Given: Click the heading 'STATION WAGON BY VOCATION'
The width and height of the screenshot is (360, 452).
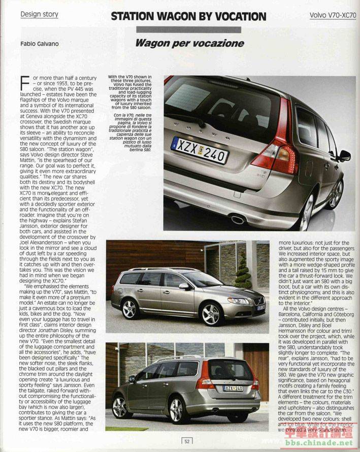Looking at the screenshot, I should [188, 16].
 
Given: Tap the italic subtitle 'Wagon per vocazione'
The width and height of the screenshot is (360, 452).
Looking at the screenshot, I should [189, 43].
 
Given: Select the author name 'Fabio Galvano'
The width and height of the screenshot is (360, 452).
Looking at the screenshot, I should [40, 44].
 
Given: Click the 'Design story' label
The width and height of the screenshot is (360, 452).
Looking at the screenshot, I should [39, 14].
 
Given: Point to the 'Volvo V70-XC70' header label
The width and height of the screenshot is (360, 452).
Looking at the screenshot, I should [333, 15].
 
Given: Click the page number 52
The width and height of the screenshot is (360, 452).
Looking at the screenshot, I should [187, 441].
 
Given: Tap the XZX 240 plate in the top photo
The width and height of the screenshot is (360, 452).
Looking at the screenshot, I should [200, 149].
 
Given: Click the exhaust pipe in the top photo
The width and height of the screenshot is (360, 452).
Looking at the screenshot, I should [238, 219].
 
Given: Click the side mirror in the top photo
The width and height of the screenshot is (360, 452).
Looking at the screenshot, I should [345, 155].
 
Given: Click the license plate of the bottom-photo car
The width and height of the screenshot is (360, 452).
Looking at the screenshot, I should [234, 389].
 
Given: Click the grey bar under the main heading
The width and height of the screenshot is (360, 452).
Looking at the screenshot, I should [188, 29].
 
